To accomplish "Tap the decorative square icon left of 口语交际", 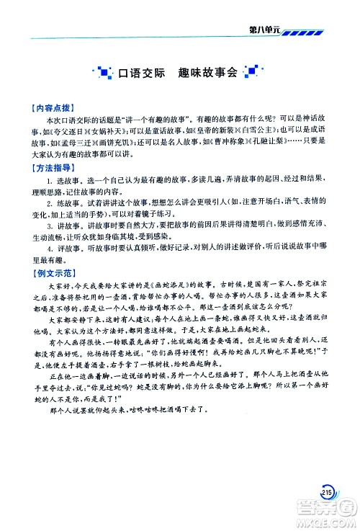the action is (x=100, y=72).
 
